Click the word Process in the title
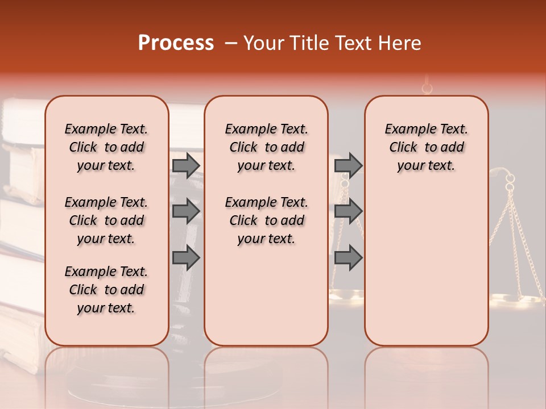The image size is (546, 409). tap(176, 43)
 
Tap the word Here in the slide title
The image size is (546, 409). tap(400, 43)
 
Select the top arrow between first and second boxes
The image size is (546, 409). tap(186, 165)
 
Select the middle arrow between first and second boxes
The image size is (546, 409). tap(186, 211)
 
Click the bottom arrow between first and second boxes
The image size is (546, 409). tap(186, 257)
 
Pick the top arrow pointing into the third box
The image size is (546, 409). tap(348, 165)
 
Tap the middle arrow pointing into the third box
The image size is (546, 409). tap(348, 211)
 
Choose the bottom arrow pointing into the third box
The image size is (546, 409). tap(348, 257)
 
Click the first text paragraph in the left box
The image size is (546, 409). tap(106, 147)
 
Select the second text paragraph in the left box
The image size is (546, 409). tap(106, 220)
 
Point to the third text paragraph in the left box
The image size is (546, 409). tap(106, 290)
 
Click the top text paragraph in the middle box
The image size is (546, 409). tap(266, 147)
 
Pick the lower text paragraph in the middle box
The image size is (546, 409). tap(266, 220)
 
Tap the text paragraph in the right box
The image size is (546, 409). tap(426, 147)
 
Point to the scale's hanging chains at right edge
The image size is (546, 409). tap(520, 239)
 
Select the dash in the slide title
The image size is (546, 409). tap(231, 43)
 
